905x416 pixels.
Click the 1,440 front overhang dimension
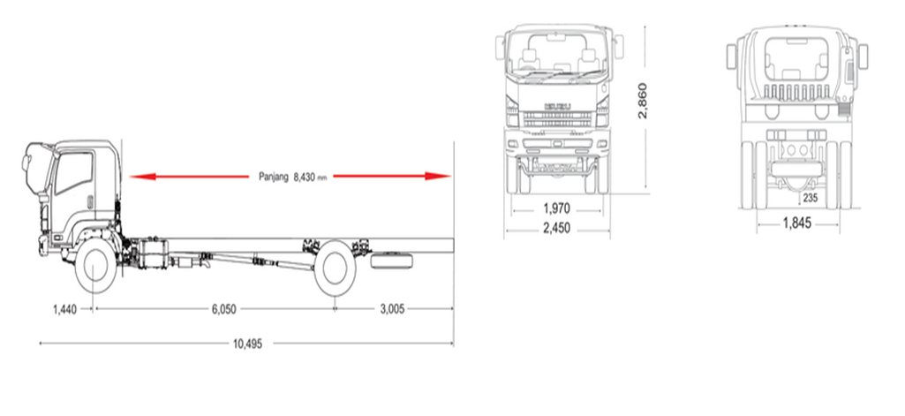click(x=64, y=309)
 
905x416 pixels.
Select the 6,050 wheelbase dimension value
click(x=224, y=309)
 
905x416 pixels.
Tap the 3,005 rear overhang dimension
click(x=392, y=309)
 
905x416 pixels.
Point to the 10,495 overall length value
click(x=247, y=344)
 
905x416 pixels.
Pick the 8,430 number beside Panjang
click(x=304, y=177)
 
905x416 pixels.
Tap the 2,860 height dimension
click(x=643, y=101)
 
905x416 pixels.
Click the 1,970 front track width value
click(x=556, y=208)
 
